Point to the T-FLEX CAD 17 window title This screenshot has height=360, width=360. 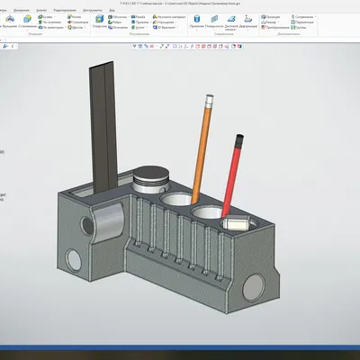coord(180,3)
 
